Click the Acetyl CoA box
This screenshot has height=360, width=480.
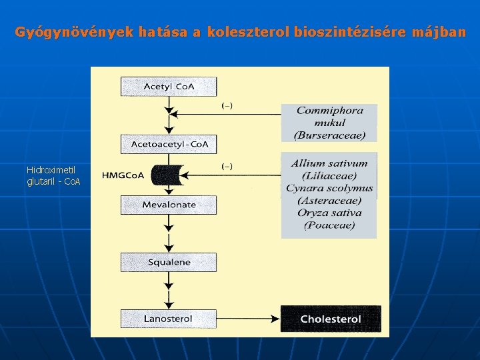pyautogui.click(x=169, y=87)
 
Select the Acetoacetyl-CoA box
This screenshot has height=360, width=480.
pyautogui.click(x=169, y=144)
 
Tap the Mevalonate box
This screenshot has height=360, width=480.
pyautogui.click(x=169, y=205)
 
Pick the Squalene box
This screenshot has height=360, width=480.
pyautogui.click(x=169, y=262)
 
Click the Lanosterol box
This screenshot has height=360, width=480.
pyautogui.click(x=169, y=319)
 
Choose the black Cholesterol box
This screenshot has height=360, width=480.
pyautogui.click(x=331, y=319)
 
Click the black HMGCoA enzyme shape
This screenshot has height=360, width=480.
pyautogui.click(x=167, y=175)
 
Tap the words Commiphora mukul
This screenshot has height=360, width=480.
pyautogui.click(x=329, y=117)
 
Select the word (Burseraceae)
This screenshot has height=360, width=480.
pyautogui.click(x=329, y=135)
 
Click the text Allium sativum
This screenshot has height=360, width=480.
pyautogui.click(x=329, y=163)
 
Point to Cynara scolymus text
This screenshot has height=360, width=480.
pyautogui.click(x=329, y=188)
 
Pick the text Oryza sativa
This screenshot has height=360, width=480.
pyautogui.click(x=329, y=213)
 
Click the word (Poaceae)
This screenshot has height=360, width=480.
pyautogui.click(x=329, y=225)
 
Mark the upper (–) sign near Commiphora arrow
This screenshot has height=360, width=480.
pyautogui.click(x=227, y=105)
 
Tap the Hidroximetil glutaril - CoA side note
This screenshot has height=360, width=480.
pyautogui.click(x=53, y=175)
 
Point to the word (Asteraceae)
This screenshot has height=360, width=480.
pyautogui.click(x=329, y=201)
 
